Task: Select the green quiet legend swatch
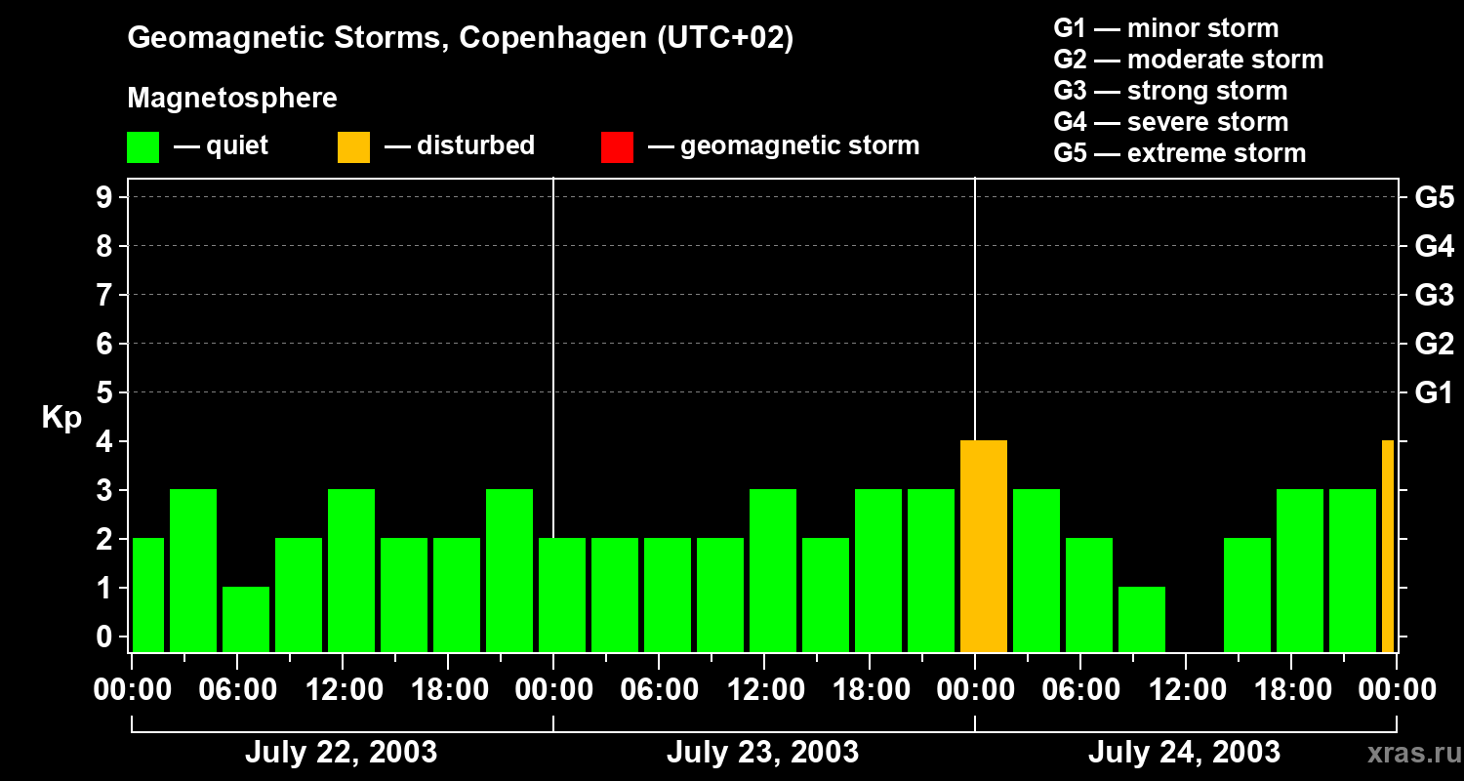click(142, 146)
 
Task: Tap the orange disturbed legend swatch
click(353, 146)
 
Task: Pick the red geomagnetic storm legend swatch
click(617, 146)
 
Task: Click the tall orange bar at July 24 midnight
click(983, 547)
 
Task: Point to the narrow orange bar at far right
click(1387, 547)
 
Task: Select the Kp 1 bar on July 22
click(245, 619)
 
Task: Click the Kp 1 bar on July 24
click(1141, 619)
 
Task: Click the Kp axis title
click(61, 418)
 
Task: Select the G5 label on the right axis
click(1434, 198)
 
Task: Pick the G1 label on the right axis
click(1434, 393)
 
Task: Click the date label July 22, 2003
click(341, 752)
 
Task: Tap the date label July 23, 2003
click(762, 752)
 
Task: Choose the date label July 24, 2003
click(1184, 752)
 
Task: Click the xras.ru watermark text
click(1412, 753)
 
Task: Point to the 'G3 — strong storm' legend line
click(1170, 91)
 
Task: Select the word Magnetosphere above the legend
click(232, 99)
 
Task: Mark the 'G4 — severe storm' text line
click(1171, 122)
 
